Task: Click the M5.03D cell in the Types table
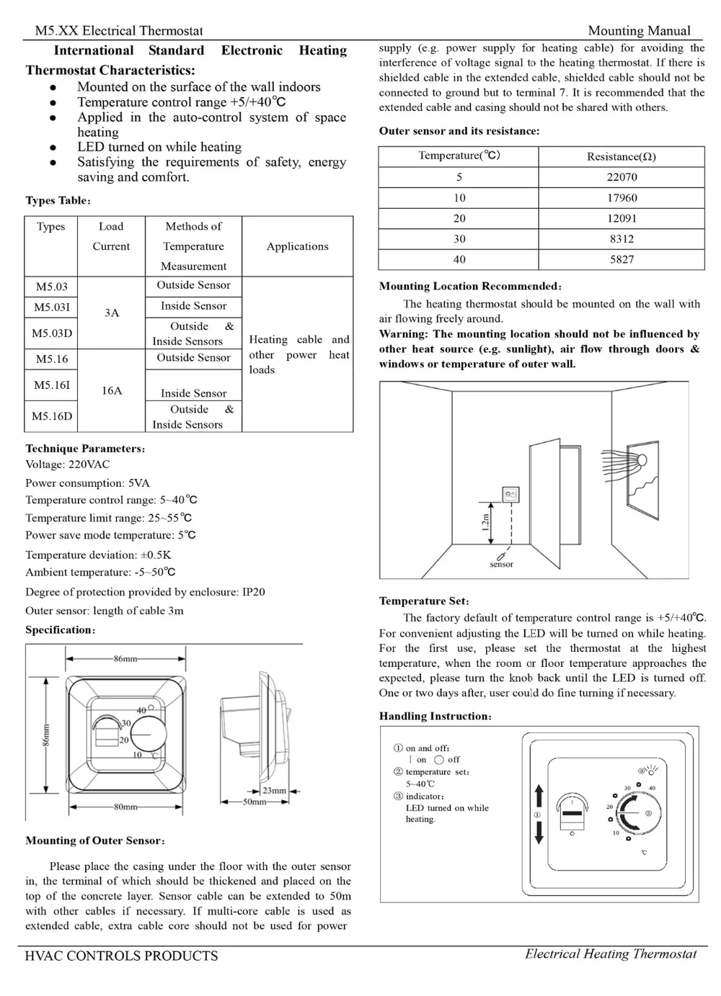tap(52, 333)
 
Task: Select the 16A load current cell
tap(112, 390)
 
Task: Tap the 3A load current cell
tap(112, 313)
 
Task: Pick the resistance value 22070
tap(622, 177)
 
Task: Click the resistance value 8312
tap(622, 239)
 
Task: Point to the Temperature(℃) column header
tap(459, 156)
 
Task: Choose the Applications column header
tap(297, 246)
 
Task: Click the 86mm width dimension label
tap(125, 658)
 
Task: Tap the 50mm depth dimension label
tap(254, 801)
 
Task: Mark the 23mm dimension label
tap(274, 790)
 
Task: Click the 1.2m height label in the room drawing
tap(486, 521)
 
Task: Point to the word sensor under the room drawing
tap(501, 565)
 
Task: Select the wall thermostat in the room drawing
tap(510, 495)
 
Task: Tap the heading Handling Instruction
tap(435, 716)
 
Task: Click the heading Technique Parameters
tap(85, 449)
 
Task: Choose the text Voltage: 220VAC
tap(68, 465)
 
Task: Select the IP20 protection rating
tap(253, 592)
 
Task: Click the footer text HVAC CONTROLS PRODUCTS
tap(121, 956)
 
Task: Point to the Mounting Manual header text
tap(639, 31)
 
